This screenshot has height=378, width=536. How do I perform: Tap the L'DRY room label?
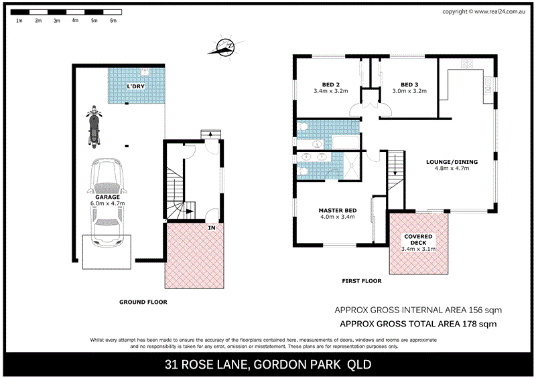pyautogui.click(x=137, y=88)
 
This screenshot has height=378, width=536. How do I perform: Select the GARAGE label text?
pyautogui.click(x=107, y=197)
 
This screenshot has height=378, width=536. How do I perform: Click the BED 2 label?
pyautogui.click(x=330, y=84)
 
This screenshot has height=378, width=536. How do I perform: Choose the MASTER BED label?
pyautogui.click(x=337, y=211)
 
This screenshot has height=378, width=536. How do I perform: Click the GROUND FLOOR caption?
pyautogui.click(x=143, y=302)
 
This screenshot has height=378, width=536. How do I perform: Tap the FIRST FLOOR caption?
pyautogui.click(x=360, y=281)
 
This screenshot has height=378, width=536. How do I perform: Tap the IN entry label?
pyautogui.click(x=212, y=228)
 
